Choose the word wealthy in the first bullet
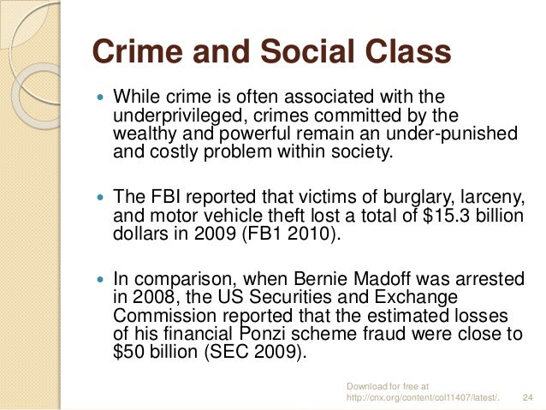point(142,135)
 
